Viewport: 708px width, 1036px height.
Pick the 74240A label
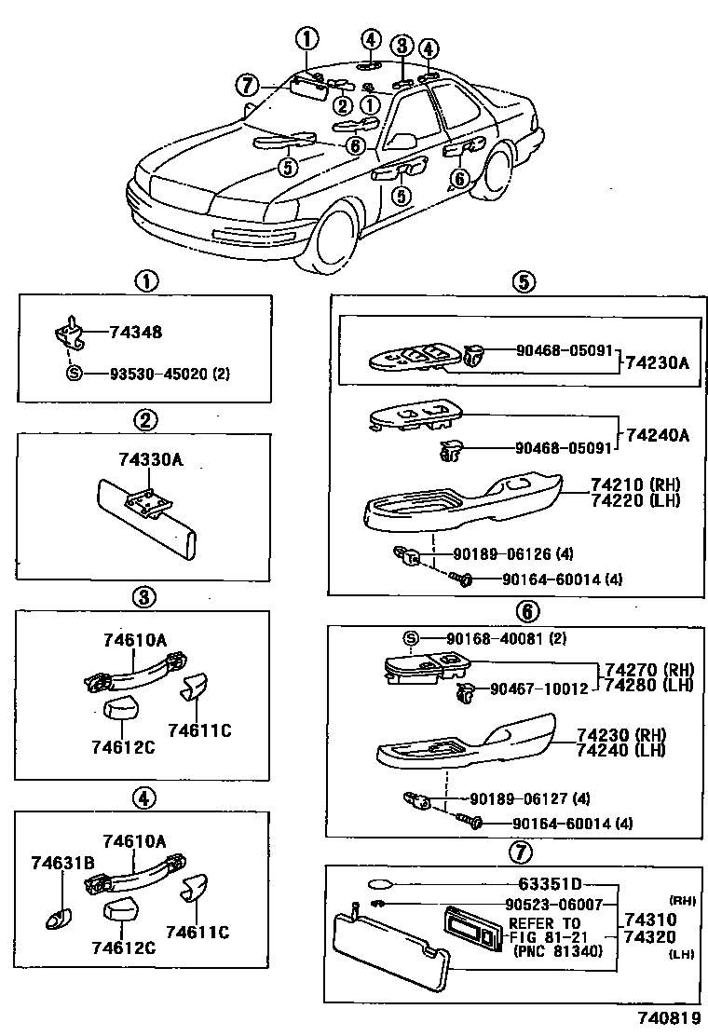click(658, 434)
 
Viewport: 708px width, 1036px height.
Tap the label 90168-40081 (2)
click(505, 638)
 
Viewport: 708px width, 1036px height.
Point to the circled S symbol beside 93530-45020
click(73, 373)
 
